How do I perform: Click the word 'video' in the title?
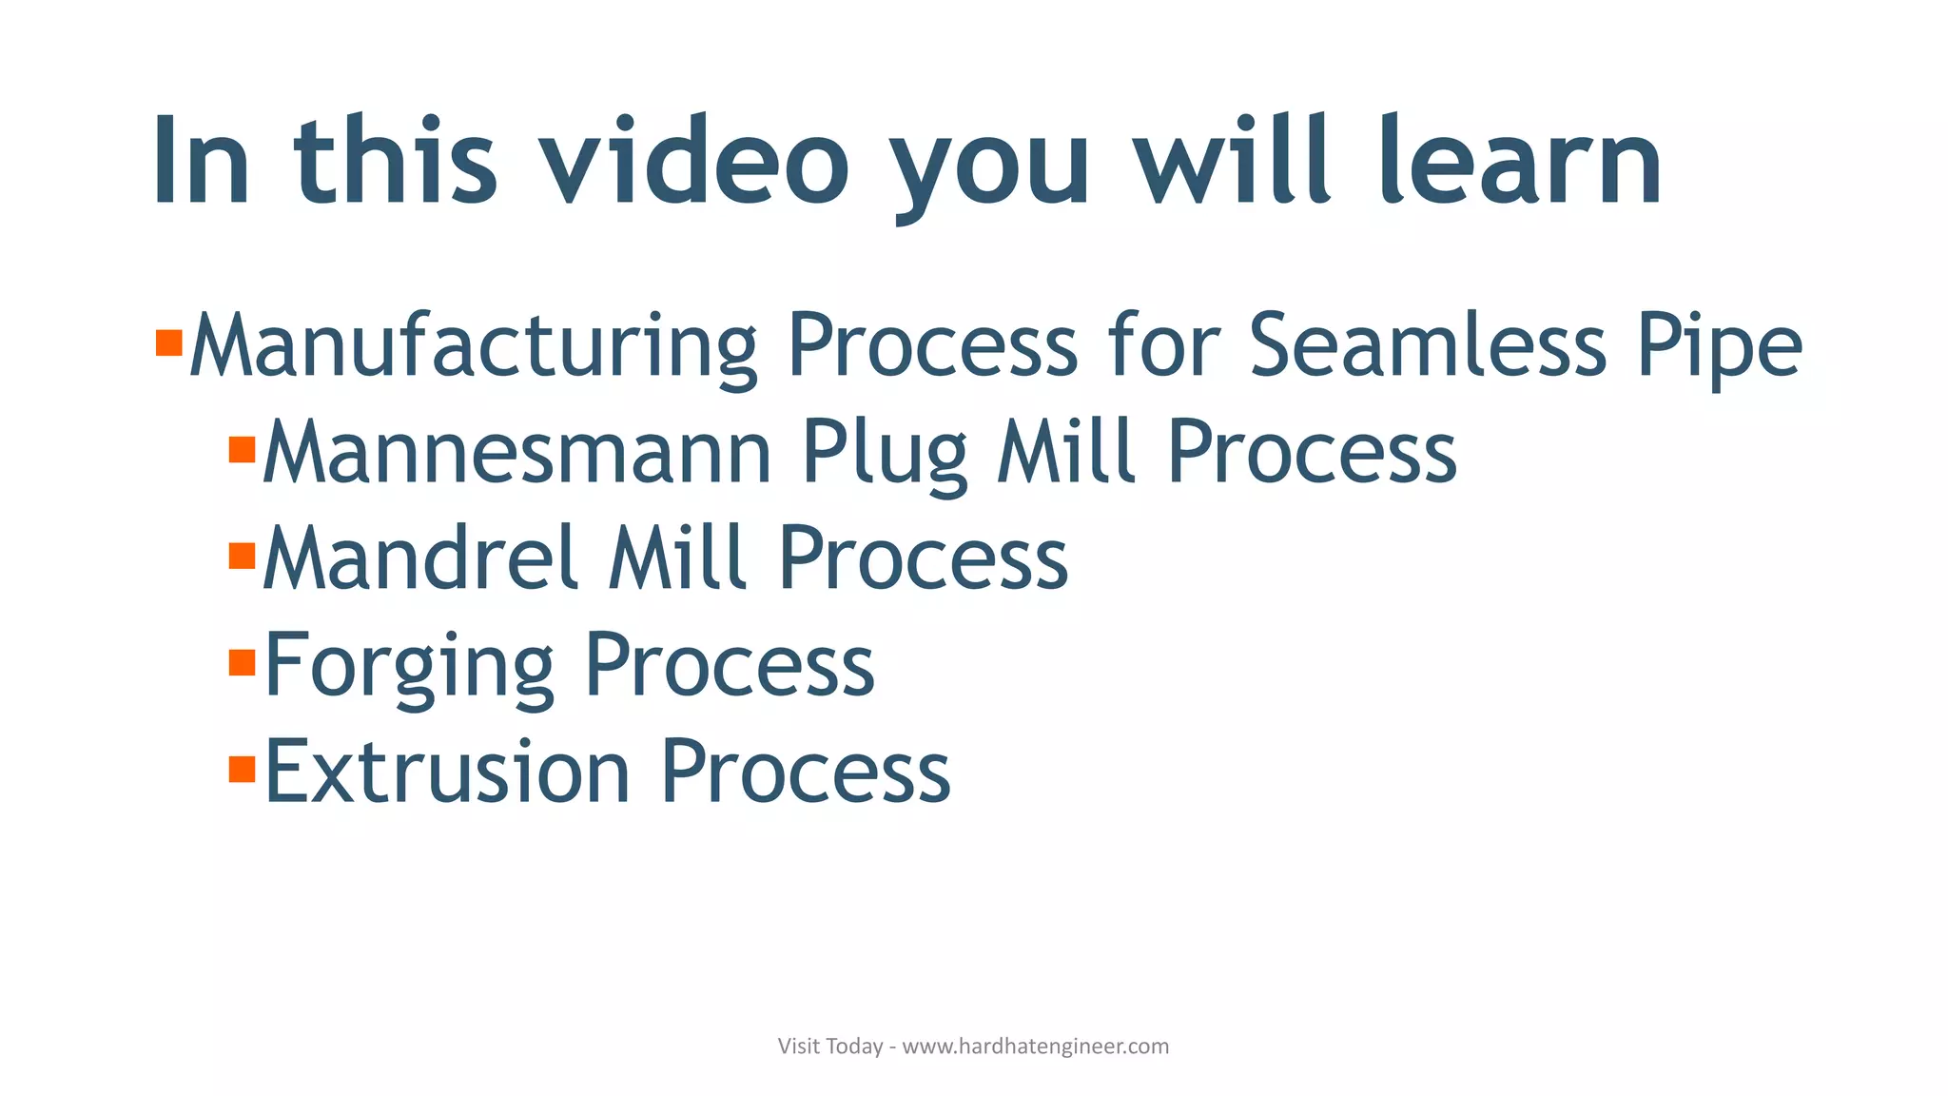pyautogui.click(x=693, y=161)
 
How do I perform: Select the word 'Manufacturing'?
pyautogui.click(x=473, y=346)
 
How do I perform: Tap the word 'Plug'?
pyautogui.click(x=885, y=454)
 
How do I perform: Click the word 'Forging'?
pyautogui.click(x=409, y=666)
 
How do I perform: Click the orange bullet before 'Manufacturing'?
pyautogui.click(x=168, y=342)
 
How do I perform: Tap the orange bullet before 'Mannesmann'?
pyautogui.click(x=243, y=449)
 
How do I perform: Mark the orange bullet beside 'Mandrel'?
pyautogui.click(x=243, y=555)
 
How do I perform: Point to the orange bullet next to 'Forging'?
pyautogui.click(x=243, y=661)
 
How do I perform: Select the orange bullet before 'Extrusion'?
pyautogui.click(x=243, y=768)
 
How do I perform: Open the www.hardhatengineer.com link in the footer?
pyautogui.click(x=1035, y=1047)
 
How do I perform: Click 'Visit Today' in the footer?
pyautogui.click(x=830, y=1047)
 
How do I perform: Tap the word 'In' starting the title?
pyautogui.click(x=201, y=161)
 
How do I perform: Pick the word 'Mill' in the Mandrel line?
pyautogui.click(x=676, y=558)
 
